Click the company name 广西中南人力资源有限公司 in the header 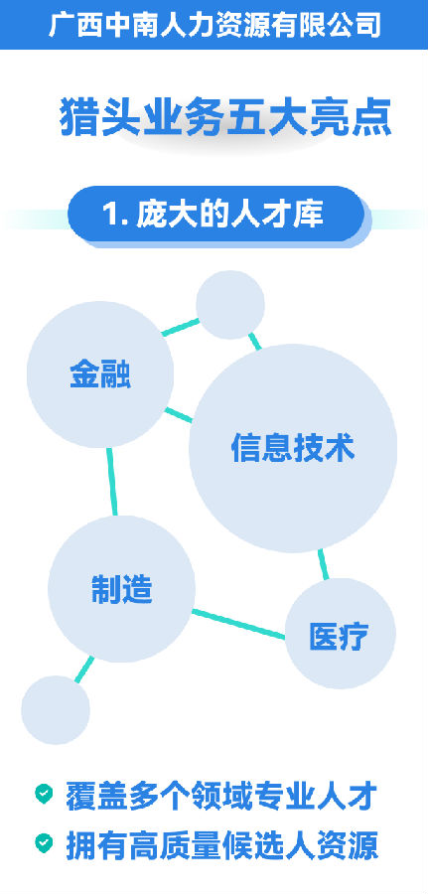click(x=214, y=25)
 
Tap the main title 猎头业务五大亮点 click(x=225, y=117)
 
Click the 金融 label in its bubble click(x=100, y=374)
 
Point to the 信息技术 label click(x=293, y=448)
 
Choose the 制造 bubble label click(x=122, y=589)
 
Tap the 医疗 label click(x=339, y=636)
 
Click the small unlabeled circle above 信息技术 click(x=230, y=305)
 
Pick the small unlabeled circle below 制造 click(x=56, y=710)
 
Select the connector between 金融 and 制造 click(x=111, y=482)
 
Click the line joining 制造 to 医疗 click(x=238, y=624)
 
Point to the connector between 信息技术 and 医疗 click(x=324, y=564)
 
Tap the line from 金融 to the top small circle click(x=181, y=327)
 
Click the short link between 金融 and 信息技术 click(x=179, y=415)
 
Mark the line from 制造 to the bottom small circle click(x=84, y=670)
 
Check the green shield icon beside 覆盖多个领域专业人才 click(x=44, y=793)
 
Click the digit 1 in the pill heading click(x=109, y=215)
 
